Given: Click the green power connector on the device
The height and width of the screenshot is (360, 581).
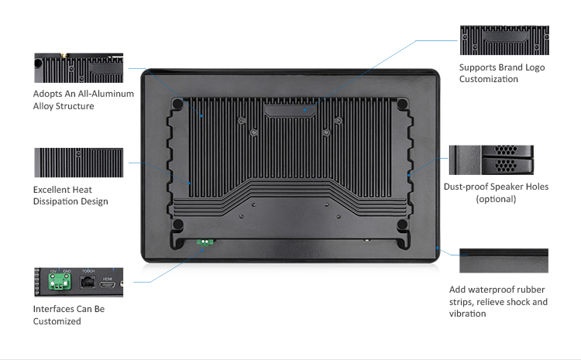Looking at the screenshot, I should coord(205,242).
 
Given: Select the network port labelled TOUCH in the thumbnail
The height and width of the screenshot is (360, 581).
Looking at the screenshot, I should coord(88,284).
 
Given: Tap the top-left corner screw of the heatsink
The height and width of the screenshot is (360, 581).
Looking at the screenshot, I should coord(178,103).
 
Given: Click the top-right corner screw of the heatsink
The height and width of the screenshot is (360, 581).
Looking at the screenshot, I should coord(403,103).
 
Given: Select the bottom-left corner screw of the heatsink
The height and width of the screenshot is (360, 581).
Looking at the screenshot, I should coord(178,225).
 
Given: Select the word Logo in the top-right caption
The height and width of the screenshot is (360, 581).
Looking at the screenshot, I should coord(534,67).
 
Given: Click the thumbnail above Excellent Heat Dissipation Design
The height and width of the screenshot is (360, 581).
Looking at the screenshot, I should coord(79,163).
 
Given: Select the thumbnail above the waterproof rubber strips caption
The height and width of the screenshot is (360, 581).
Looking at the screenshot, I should coord(504,261).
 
